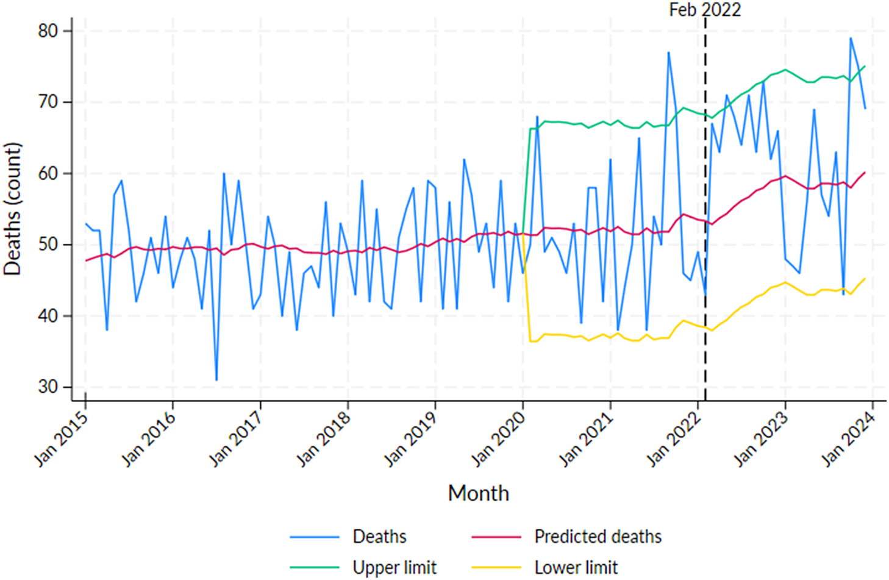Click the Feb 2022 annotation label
coord(704,10)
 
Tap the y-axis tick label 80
coord(48,31)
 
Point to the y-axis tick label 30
coord(48,387)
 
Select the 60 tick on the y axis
coord(48,173)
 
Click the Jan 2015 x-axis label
coord(62,439)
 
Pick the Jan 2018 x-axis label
coord(324,439)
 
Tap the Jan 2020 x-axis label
coord(499,439)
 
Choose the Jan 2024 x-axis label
coord(849,439)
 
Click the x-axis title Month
coord(478,493)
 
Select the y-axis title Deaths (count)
coord(12,209)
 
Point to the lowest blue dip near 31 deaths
coord(216,379)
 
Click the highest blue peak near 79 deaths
coord(851,38)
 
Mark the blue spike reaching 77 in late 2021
coord(668,52)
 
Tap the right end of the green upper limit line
coord(865,66)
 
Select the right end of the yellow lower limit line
coord(865,278)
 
